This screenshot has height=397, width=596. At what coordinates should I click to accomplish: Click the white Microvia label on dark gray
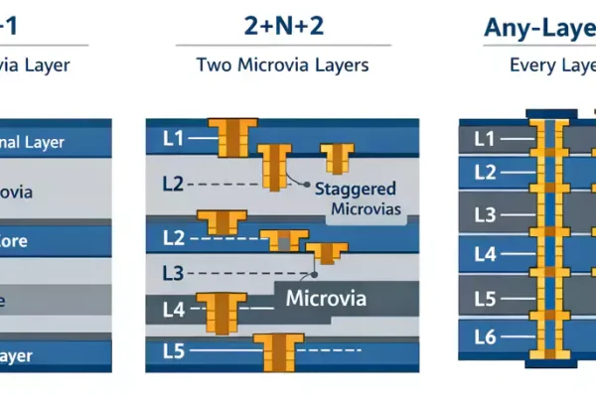point(326,298)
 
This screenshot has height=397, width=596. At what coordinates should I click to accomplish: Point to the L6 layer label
point(485,337)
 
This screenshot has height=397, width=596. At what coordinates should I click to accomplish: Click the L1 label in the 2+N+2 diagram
point(172,138)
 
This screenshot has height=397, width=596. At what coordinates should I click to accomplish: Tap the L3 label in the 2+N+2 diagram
point(172,272)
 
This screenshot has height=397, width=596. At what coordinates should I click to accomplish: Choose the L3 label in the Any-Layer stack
point(485,213)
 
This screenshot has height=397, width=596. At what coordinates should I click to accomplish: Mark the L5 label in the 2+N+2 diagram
point(172,349)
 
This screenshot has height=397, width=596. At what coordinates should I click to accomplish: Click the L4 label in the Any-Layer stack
point(485,254)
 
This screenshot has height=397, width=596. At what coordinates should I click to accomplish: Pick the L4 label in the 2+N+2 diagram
point(172,309)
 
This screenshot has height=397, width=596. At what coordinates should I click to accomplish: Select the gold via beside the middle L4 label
point(219,311)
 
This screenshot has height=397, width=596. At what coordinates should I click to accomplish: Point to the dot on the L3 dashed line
point(314,272)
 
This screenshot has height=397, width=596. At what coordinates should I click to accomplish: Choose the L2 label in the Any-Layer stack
point(485,173)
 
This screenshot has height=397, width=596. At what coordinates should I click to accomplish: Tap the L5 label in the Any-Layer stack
point(485,297)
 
